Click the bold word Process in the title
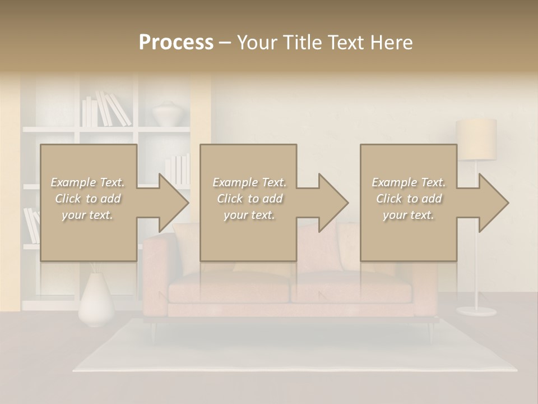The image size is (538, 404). click(176, 43)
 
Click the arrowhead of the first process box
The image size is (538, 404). click(173, 203)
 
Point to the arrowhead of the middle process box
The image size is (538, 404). click(333, 203)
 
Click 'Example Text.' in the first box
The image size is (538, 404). click(88, 182)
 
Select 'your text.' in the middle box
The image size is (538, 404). click(249, 215)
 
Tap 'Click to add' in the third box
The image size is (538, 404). click(409, 199)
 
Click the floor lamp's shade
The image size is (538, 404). click(476, 139)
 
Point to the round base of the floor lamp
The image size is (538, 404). click(476, 311)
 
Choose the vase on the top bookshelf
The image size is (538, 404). click(166, 113)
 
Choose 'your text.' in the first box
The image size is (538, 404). click(88, 215)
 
